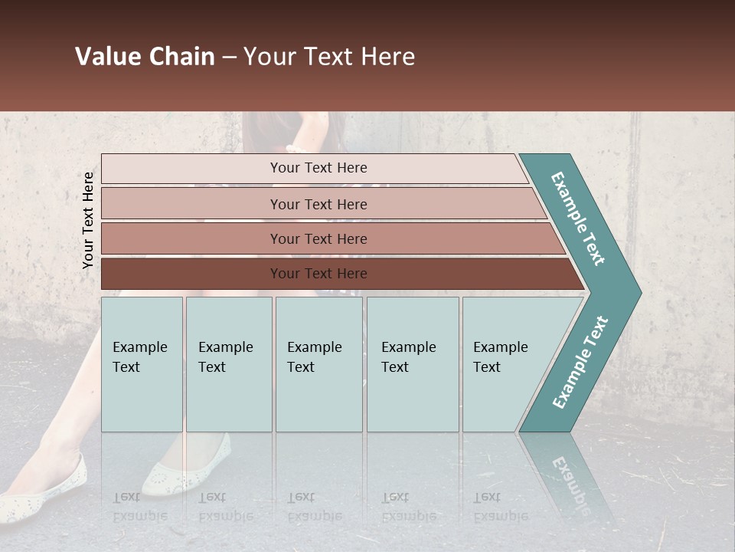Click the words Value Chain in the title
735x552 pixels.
[x=145, y=57]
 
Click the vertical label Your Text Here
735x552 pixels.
[x=88, y=220]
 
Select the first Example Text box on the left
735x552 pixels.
[x=142, y=364]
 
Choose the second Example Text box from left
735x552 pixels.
[x=229, y=364]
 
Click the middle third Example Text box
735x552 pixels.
[x=318, y=364]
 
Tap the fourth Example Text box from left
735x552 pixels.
[x=413, y=364]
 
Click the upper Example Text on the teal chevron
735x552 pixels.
[x=578, y=219]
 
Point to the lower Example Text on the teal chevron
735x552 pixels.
[x=580, y=362]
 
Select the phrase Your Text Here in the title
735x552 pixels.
[x=329, y=57]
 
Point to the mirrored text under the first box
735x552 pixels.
[x=139, y=507]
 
